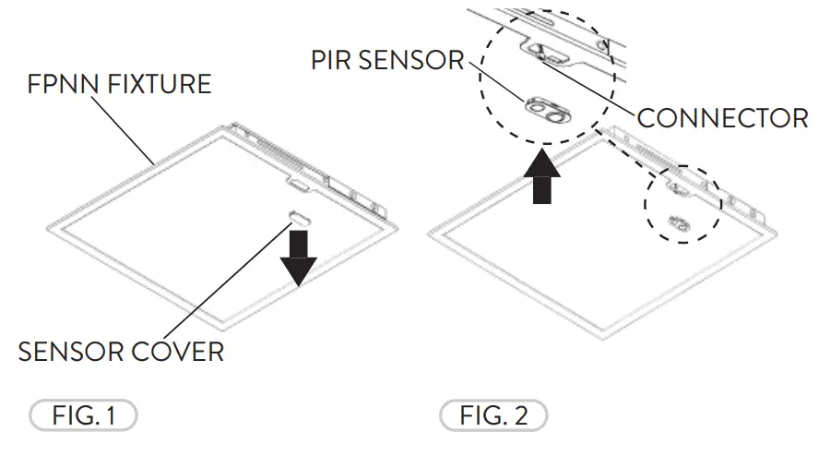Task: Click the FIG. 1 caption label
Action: point(82,415)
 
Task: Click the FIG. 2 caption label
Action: point(493,415)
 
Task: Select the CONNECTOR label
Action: point(722,118)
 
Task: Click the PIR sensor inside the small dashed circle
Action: point(678,222)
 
